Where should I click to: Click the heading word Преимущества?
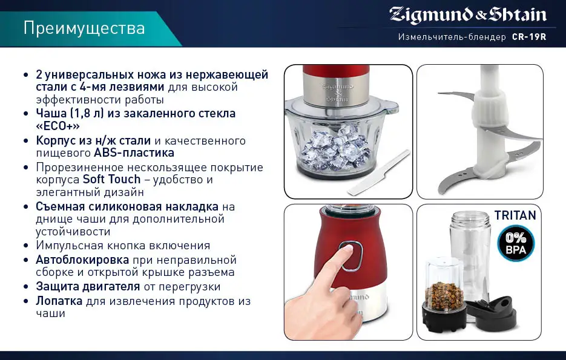tap(85, 28)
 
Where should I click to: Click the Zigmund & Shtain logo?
tap(467, 15)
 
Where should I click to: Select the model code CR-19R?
tap(528, 37)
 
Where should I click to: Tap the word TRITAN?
tap(515, 215)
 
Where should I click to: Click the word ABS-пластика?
tap(134, 153)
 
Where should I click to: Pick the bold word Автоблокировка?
tap(82, 260)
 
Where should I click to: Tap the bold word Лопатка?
tap(59, 301)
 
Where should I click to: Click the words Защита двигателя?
tap(88, 286)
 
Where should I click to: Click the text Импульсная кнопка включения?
tap(123, 246)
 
